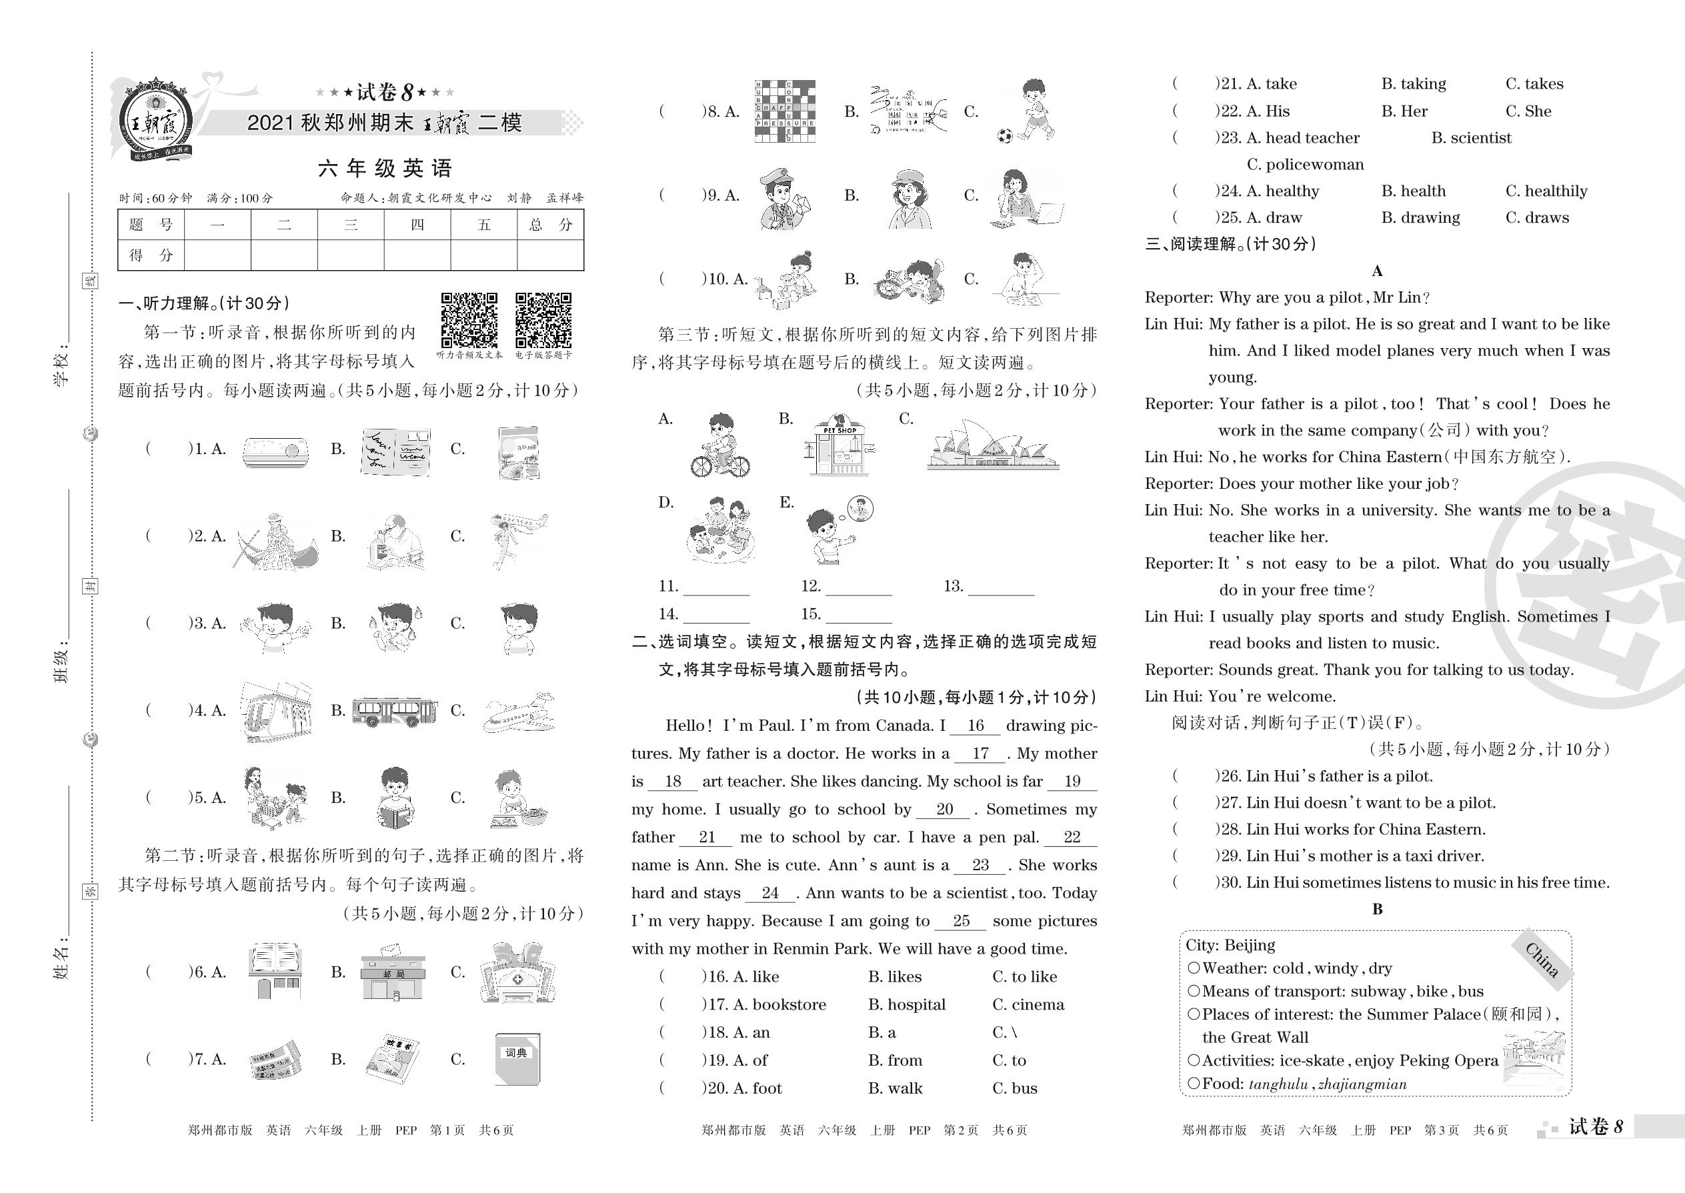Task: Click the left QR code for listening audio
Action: (x=469, y=320)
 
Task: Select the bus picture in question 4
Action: (x=395, y=711)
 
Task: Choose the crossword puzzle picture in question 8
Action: (x=784, y=111)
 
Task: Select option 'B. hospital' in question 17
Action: (x=906, y=1005)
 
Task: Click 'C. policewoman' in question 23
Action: (x=1304, y=165)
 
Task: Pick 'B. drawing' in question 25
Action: (x=1420, y=217)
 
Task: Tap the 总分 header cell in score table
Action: (x=550, y=225)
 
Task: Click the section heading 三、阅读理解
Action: (x=1230, y=244)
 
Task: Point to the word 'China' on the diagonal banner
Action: (x=1541, y=960)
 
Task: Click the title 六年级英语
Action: (x=385, y=169)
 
